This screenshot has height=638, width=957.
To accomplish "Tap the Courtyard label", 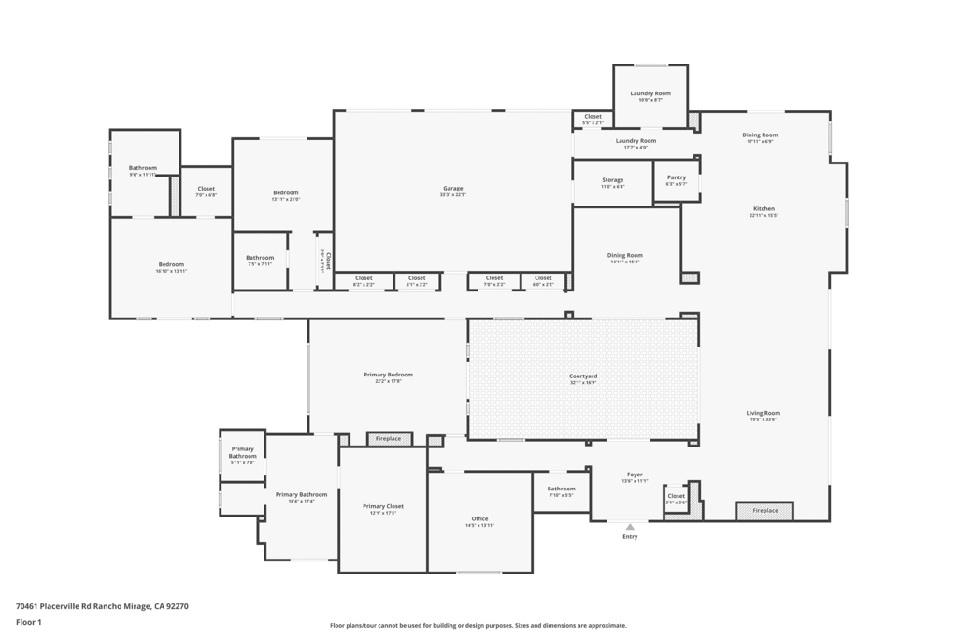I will [x=583, y=376].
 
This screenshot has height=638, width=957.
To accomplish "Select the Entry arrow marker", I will [x=630, y=527].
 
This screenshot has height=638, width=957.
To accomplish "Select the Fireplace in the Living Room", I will [x=764, y=511].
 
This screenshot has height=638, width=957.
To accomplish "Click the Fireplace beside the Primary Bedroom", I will [x=389, y=439].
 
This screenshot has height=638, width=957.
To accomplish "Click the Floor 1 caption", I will [x=29, y=622].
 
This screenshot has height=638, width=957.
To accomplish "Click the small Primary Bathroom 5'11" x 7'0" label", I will [x=242, y=453].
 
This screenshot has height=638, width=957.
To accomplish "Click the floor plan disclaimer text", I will [x=478, y=626].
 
